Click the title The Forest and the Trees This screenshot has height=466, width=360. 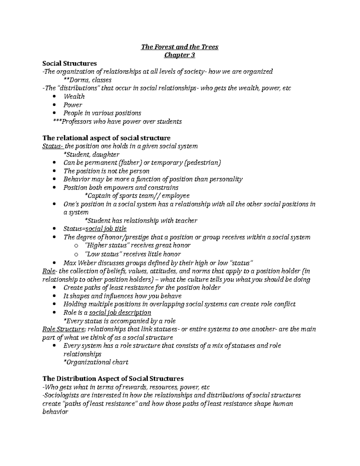180,47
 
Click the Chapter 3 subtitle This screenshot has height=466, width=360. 180,55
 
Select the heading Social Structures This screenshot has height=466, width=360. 70,63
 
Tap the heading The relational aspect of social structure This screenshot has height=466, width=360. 106,138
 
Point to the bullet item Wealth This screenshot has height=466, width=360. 74,97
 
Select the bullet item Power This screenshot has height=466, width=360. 73,105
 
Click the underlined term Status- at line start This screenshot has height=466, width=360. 53,146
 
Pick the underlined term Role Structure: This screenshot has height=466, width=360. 64,329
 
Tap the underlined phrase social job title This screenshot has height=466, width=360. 106,229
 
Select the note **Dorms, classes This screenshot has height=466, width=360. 88,80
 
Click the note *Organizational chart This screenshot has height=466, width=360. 96,362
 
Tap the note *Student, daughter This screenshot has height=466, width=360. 91,155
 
